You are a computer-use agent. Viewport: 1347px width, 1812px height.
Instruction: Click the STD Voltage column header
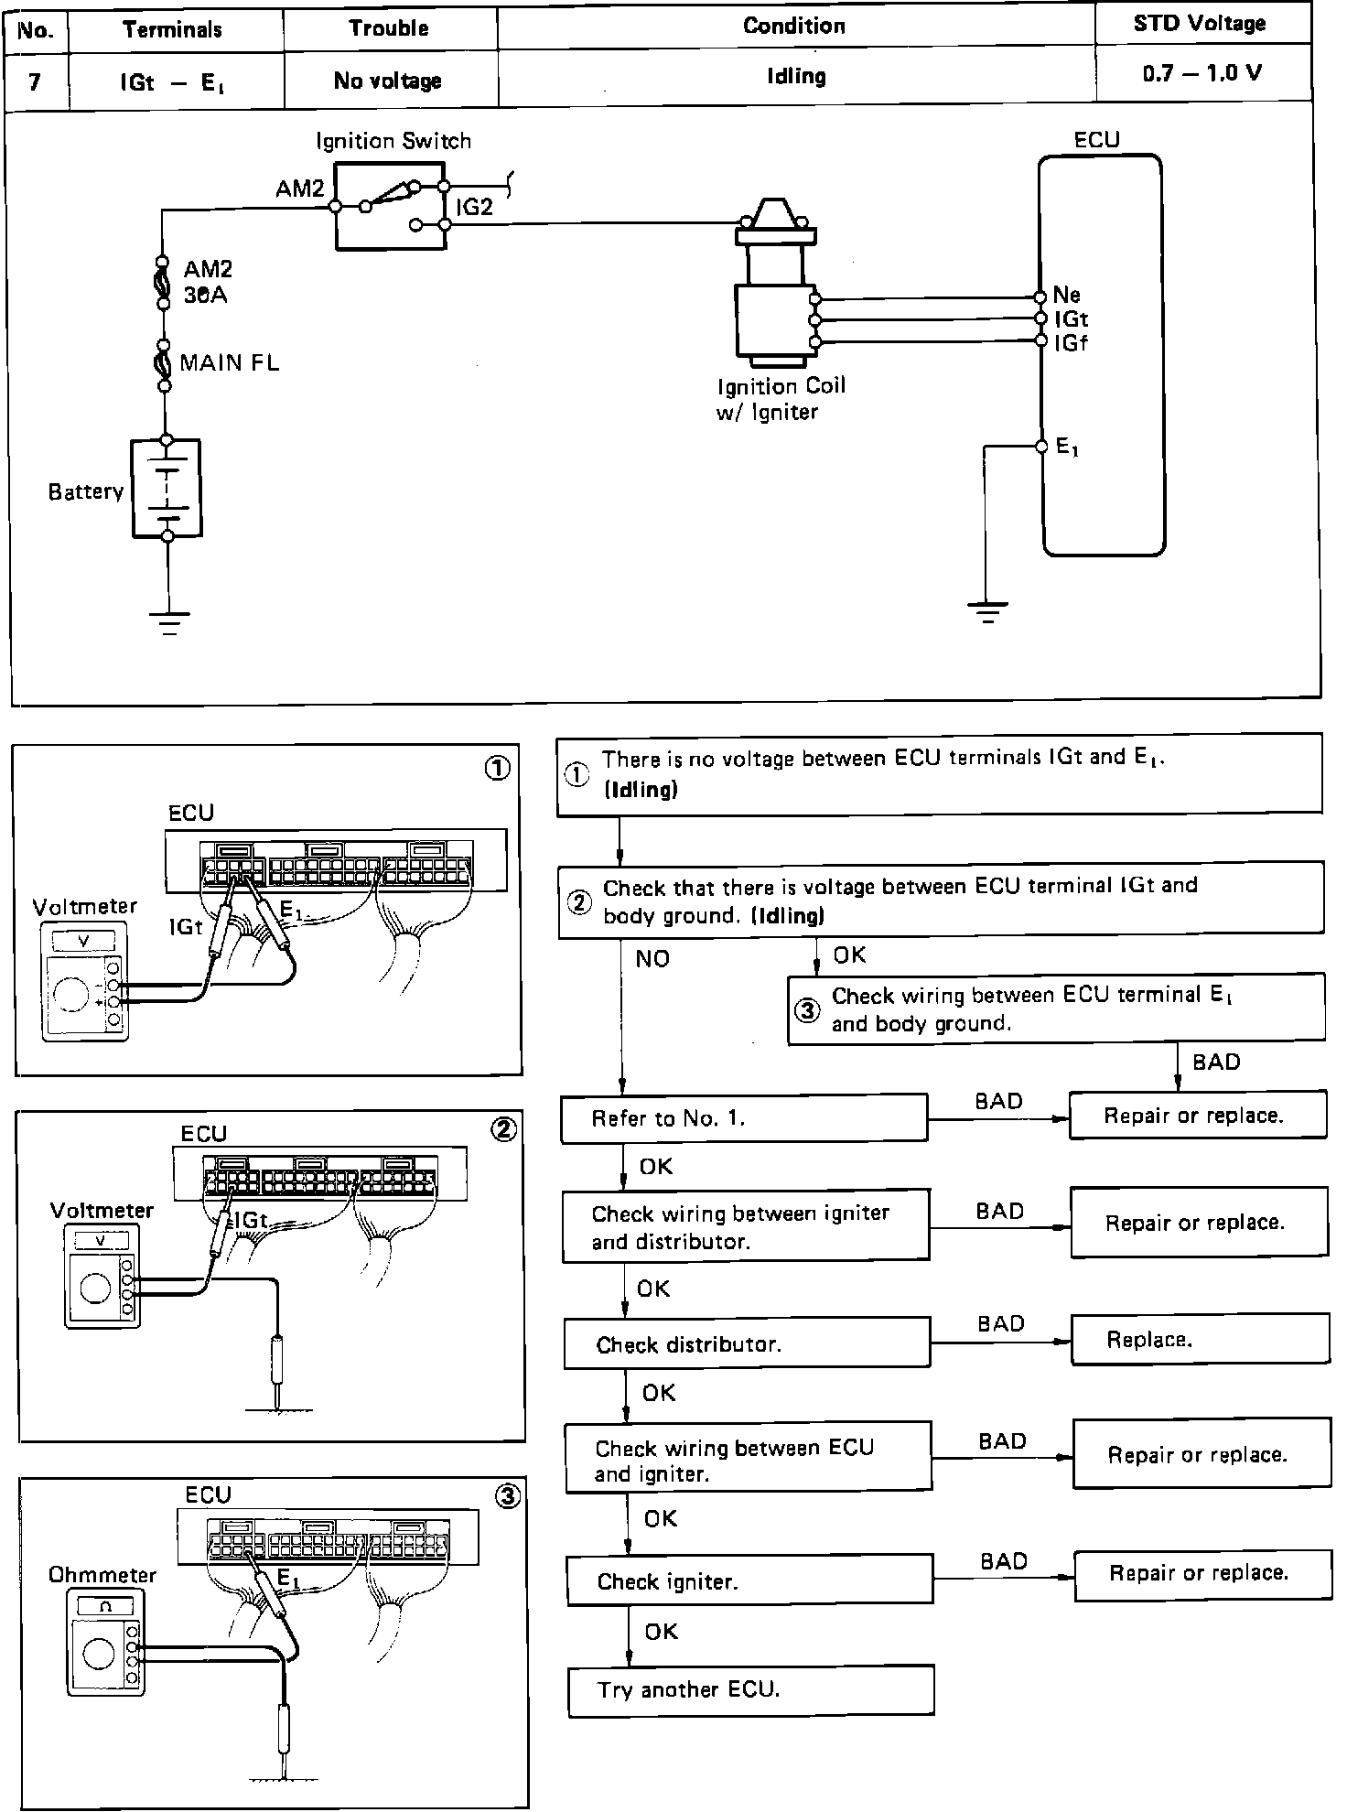point(1199,25)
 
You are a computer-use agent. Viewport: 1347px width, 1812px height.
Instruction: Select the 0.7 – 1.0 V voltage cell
point(1202,73)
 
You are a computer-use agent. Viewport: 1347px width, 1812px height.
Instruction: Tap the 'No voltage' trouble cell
point(388,81)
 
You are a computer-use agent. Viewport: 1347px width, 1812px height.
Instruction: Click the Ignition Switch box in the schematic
point(390,206)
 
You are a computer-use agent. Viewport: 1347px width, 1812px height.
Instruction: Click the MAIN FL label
point(229,363)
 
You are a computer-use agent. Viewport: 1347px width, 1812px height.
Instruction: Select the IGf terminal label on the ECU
point(1072,343)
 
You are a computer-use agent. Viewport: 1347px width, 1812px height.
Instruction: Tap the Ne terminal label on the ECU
point(1067,295)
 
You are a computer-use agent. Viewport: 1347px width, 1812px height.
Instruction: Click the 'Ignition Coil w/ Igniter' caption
point(781,398)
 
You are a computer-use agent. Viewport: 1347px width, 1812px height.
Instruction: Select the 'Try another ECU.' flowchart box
point(750,1689)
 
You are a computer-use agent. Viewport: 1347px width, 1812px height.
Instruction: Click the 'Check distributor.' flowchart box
point(746,1343)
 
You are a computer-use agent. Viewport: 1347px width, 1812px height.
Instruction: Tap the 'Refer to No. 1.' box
point(743,1117)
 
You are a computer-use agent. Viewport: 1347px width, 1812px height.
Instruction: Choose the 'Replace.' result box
point(1199,1340)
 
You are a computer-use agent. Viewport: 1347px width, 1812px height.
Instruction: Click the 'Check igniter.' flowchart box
point(749,1581)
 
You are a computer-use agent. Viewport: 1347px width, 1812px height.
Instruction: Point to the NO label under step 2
point(652,958)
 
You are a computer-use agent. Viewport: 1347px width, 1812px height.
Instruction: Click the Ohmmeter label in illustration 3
point(102,1575)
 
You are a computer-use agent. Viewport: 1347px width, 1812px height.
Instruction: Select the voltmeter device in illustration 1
point(84,983)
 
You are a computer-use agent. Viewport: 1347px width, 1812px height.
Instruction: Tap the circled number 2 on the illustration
point(503,1129)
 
